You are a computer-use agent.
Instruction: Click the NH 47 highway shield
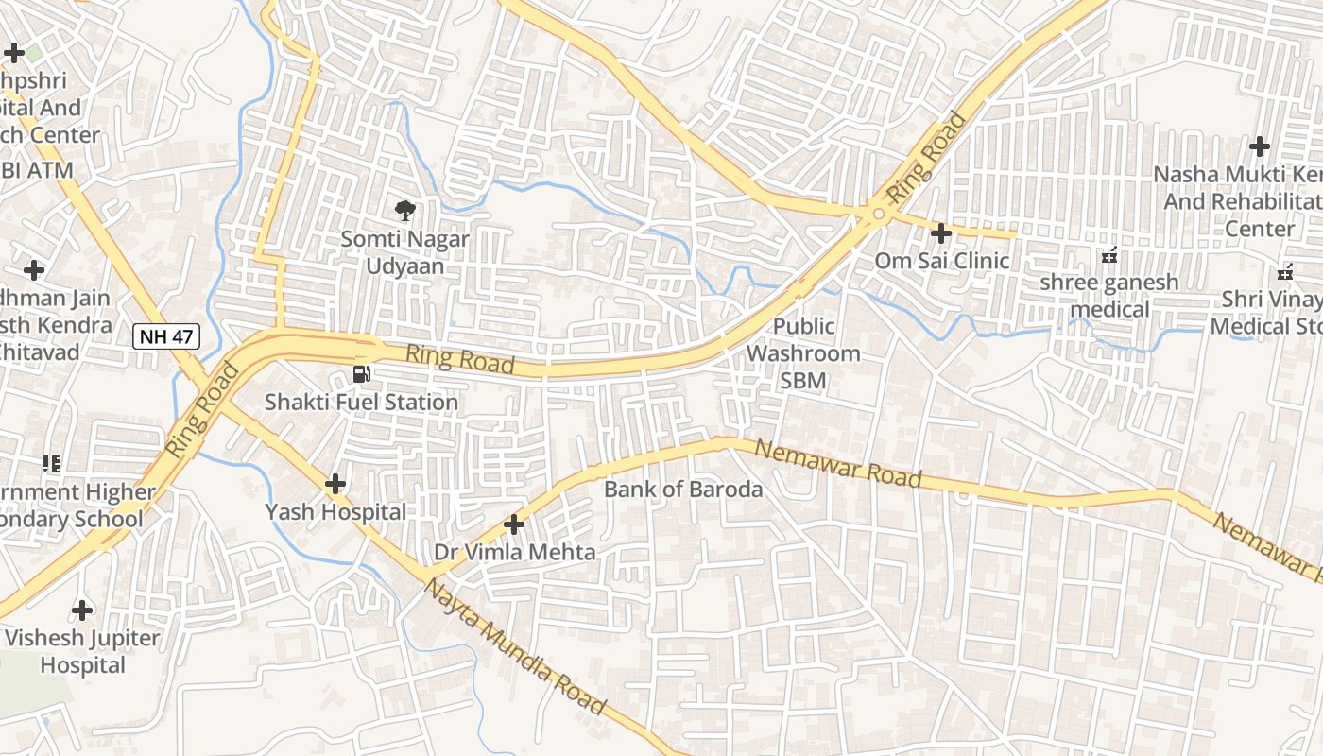tap(166, 335)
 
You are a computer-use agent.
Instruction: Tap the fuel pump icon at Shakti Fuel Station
tap(361, 374)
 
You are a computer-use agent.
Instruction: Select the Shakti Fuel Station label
tap(361, 403)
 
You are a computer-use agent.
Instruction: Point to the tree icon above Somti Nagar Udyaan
tap(404, 210)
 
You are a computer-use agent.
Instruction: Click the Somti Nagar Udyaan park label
tap(404, 252)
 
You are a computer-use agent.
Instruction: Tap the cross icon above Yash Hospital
tap(335, 484)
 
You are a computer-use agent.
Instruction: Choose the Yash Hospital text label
tap(335, 512)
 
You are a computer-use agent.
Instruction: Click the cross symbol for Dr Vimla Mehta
tap(514, 524)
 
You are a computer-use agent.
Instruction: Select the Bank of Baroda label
tap(682, 490)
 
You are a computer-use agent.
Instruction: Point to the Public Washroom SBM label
tap(803, 353)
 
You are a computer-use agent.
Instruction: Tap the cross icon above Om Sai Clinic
tap(940, 232)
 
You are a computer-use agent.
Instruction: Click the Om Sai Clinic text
tap(941, 260)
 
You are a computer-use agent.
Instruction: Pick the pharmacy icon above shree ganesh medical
tap(1109, 255)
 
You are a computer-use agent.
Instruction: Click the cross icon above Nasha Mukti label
tap(1259, 146)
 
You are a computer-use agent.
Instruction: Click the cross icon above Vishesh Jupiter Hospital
tap(82, 610)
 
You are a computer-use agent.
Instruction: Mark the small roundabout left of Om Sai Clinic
tap(879, 215)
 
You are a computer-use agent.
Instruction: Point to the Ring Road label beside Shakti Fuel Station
tap(460, 359)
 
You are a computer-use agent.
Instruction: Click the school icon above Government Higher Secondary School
tap(51, 463)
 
